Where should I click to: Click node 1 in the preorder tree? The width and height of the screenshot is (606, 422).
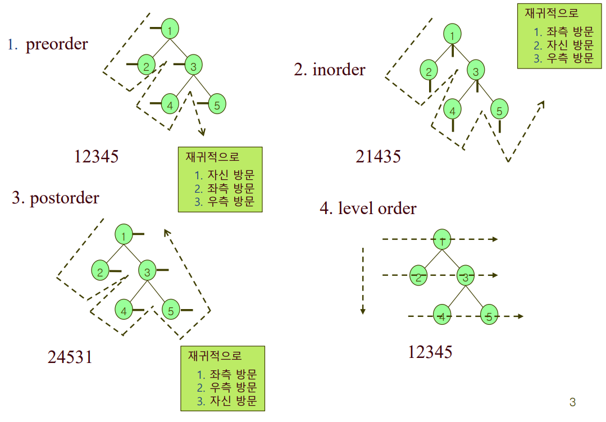click(x=170, y=30)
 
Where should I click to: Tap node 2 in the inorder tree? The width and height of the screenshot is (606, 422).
click(x=429, y=71)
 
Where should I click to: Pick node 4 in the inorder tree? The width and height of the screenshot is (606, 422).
click(x=452, y=110)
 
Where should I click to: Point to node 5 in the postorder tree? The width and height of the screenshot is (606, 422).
click(x=171, y=310)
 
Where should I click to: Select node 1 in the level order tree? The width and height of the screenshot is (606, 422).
click(x=443, y=240)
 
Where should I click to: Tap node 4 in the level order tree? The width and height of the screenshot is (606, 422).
click(x=443, y=317)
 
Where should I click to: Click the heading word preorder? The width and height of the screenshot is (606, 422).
click(x=57, y=44)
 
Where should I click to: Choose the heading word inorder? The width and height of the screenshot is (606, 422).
click(x=339, y=70)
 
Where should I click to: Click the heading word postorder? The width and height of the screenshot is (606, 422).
click(x=64, y=198)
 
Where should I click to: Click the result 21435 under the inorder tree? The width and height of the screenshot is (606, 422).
click(x=378, y=157)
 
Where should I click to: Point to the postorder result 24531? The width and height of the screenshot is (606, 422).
click(x=70, y=357)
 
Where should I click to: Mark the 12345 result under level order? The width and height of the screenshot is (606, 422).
click(x=430, y=352)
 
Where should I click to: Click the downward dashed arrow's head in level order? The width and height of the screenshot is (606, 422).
click(x=363, y=311)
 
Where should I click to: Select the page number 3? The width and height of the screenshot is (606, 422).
click(x=572, y=402)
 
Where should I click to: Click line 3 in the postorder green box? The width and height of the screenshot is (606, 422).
click(x=227, y=401)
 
